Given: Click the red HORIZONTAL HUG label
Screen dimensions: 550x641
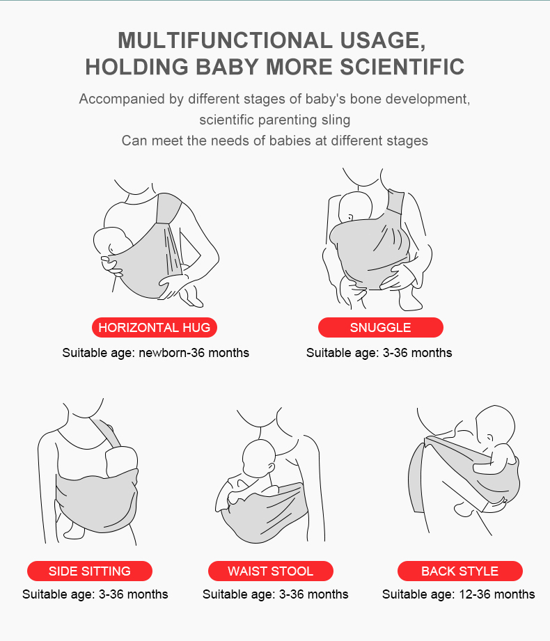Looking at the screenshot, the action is (x=154, y=327).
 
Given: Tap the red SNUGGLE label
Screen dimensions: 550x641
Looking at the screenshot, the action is (x=380, y=327).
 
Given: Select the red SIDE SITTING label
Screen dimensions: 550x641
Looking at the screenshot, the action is (x=90, y=571).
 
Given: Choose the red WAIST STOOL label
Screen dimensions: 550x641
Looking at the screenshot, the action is (x=270, y=571).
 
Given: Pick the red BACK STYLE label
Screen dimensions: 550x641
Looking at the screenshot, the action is (x=459, y=571).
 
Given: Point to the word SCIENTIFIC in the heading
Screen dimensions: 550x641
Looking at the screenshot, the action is (x=402, y=67).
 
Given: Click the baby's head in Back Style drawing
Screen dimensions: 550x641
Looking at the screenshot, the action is (x=495, y=425).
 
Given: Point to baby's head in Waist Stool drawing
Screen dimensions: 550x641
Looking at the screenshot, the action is (x=259, y=458).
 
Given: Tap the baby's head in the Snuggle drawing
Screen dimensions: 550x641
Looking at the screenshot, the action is (x=355, y=207).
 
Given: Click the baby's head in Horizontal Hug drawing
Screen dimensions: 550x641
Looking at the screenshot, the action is (x=111, y=242).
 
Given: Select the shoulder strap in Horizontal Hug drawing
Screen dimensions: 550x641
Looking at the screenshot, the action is (x=168, y=209).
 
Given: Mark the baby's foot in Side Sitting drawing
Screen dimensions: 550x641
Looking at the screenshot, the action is (x=74, y=530).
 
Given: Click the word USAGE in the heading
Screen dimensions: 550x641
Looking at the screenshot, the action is (x=383, y=41).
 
